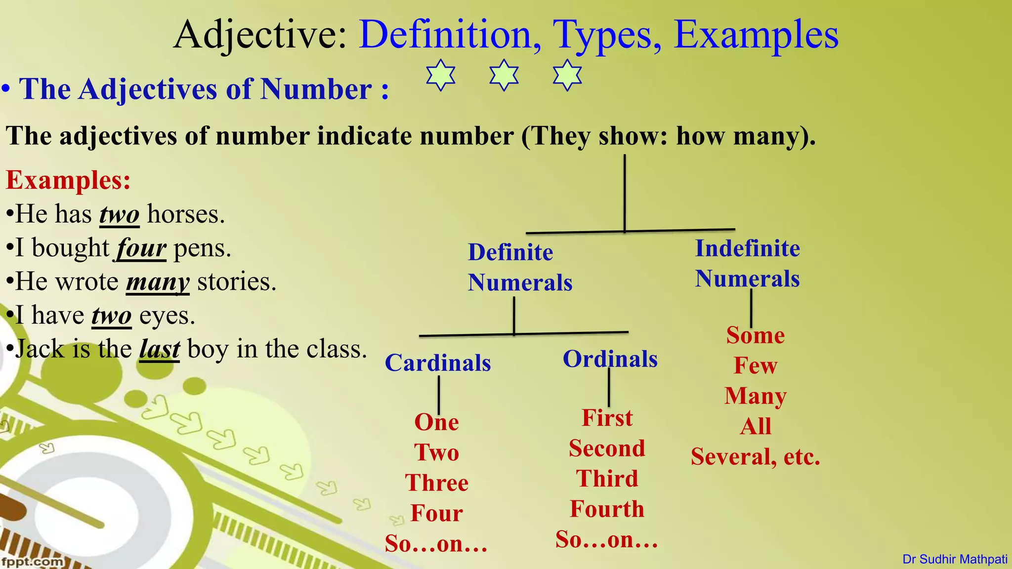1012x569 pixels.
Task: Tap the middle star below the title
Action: pyautogui.click(x=504, y=75)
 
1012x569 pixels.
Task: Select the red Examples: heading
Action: pyautogui.click(x=68, y=180)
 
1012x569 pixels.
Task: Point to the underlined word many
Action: pyautogui.click(x=158, y=282)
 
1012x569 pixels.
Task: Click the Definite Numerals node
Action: pyautogui.click(x=519, y=267)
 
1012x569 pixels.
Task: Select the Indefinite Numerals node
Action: pyautogui.click(x=747, y=263)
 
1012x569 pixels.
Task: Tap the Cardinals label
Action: pyautogui.click(x=438, y=363)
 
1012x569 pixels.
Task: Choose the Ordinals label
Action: pyautogui.click(x=610, y=359)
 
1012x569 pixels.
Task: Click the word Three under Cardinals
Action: pyautogui.click(x=437, y=483)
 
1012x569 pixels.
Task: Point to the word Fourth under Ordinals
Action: pyautogui.click(x=607, y=509)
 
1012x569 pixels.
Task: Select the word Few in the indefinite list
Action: pyautogui.click(x=755, y=366)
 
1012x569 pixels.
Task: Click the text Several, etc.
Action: pyautogui.click(x=755, y=456)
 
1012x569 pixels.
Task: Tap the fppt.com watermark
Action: pyautogui.click(x=32, y=562)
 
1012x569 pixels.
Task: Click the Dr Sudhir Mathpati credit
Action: pyautogui.click(x=955, y=559)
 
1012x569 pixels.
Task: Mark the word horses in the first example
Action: pyautogui.click(x=186, y=215)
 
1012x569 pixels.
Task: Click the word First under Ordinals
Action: pyautogui.click(x=607, y=418)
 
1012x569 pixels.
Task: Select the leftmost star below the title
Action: pyautogui.click(x=441, y=75)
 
